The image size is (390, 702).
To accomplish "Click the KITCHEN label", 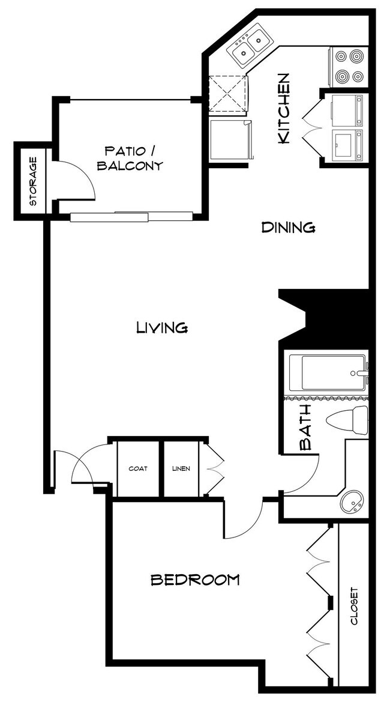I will click(x=284, y=109).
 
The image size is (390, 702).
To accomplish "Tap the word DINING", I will click(x=289, y=228).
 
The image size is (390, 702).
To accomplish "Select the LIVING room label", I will click(x=162, y=327).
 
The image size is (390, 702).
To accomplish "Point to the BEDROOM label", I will click(x=194, y=579).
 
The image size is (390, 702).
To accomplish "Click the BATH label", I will click(x=305, y=428).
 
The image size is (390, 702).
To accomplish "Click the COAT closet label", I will click(x=138, y=468).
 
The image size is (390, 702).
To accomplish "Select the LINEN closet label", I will click(x=181, y=468).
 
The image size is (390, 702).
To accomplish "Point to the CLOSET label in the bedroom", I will click(x=354, y=605).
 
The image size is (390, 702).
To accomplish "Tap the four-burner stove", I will click(x=349, y=66).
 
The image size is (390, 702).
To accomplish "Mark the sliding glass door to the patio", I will click(x=131, y=216).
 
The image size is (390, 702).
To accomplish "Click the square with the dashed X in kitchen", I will click(x=228, y=94).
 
